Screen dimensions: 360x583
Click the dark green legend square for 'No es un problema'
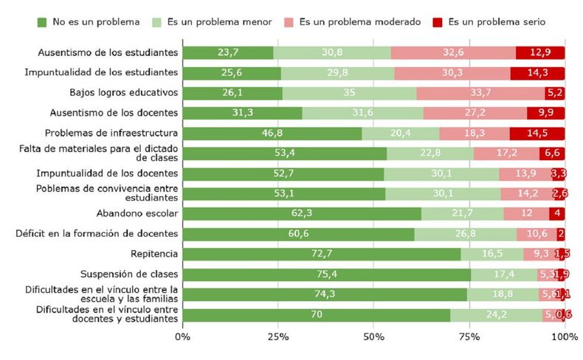(x=43, y=22)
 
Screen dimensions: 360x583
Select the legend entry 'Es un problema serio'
(x=494, y=22)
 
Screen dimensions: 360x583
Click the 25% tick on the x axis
(x=278, y=336)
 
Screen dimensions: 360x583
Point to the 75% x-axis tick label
(x=469, y=336)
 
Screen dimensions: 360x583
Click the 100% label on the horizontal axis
(x=565, y=336)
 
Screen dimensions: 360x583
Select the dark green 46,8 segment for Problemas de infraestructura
(x=272, y=134)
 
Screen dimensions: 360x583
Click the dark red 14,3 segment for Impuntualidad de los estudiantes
(x=537, y=73)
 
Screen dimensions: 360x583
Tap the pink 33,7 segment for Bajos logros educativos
(x=480, y=93)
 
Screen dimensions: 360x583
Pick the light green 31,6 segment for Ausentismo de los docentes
(x=362, y=113)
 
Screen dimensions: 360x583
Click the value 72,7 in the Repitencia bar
(x=322, y=255)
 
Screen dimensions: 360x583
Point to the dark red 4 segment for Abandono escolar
(x=557, y=214)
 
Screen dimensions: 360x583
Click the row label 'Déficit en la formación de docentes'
(x=97, y=234)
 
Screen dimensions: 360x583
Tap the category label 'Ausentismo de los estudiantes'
(x=108, y=52)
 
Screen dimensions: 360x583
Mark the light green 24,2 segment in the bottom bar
(x=496, y=315)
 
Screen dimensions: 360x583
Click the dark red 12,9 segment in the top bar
(x=540, y=52)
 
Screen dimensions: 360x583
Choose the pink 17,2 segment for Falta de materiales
(x=506, y=153)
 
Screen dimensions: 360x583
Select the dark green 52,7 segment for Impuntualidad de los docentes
(x=283, y=173)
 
